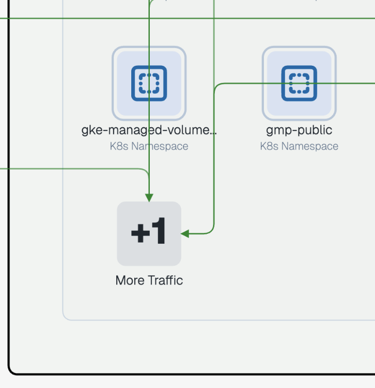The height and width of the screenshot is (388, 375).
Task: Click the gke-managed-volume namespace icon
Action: [149, 83]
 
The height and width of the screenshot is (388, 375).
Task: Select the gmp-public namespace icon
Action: [299, 83]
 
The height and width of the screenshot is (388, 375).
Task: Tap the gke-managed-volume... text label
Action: [149, 130]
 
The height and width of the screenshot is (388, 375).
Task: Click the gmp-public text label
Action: [299, 130]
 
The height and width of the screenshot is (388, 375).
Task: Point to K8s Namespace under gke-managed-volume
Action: [149, 146]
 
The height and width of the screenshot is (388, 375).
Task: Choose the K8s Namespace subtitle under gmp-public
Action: [299, 146]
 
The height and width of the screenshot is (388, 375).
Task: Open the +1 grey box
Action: [149, 233]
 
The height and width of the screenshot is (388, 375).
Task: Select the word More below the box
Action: [130, 280]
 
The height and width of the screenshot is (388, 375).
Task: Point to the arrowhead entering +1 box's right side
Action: [185, 234]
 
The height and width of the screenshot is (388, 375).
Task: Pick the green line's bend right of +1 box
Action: [212, 231]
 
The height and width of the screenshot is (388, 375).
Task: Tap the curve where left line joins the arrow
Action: [147, 171]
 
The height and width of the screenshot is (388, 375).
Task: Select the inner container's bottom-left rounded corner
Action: [65, 317]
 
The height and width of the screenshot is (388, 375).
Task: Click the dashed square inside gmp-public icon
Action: [299, 83]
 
